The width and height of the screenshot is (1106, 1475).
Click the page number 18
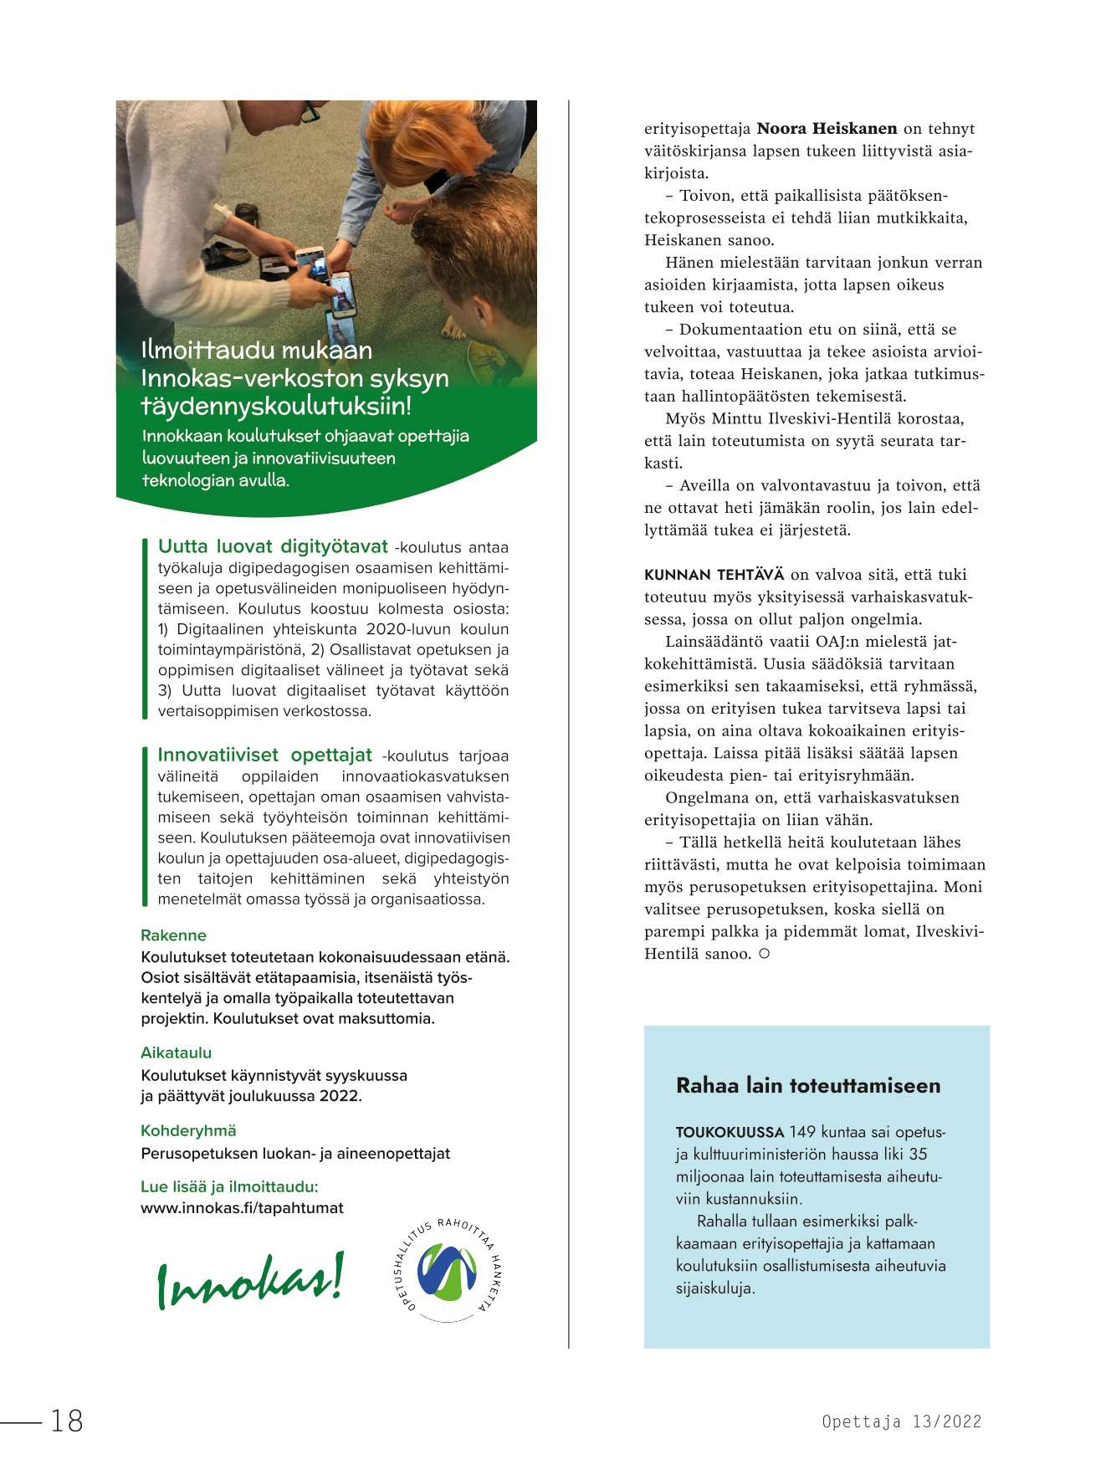coord(67,1421)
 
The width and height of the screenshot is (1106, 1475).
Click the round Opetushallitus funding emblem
coord(448,1270)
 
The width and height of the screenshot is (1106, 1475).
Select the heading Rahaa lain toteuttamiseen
coord(807,1086)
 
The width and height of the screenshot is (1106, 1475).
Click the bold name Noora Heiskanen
coord(827,129)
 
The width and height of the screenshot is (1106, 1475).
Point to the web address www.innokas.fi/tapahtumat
coord(242,1208)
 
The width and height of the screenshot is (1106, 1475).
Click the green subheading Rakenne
coord(173,935)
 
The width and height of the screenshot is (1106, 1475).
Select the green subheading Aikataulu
coord(176,1052)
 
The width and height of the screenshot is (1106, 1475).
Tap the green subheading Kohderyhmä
coord(188,1131)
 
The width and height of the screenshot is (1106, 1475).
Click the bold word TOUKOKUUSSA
coord(730,1133)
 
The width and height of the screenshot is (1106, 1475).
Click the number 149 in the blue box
coord(802,1132)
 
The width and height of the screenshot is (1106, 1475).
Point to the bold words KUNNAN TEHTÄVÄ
coord(714,575)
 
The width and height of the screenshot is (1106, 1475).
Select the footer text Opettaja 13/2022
coord(901,1421)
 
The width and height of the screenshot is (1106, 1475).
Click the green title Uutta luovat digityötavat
coord(273,547)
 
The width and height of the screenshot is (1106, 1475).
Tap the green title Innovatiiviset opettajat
coord(264,755)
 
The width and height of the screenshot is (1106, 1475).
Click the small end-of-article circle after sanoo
coord(764,954)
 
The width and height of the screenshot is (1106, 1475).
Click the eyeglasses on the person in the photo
coord(307,110)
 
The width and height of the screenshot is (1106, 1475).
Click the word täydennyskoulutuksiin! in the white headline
coord(276,407)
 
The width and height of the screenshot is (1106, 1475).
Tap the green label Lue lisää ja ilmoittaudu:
coord(229,1186)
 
